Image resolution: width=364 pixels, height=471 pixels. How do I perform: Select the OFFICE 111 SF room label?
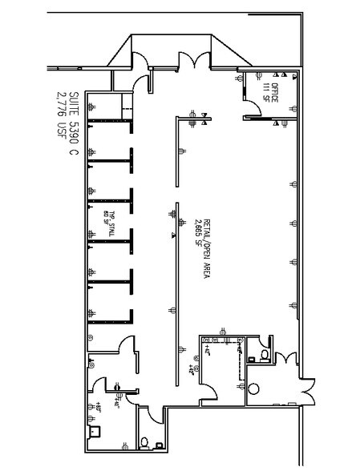click(270, 94)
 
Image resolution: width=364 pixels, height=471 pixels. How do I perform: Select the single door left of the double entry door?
click(144, 79)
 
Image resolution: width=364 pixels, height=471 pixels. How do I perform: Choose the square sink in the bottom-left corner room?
click(95, 430)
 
